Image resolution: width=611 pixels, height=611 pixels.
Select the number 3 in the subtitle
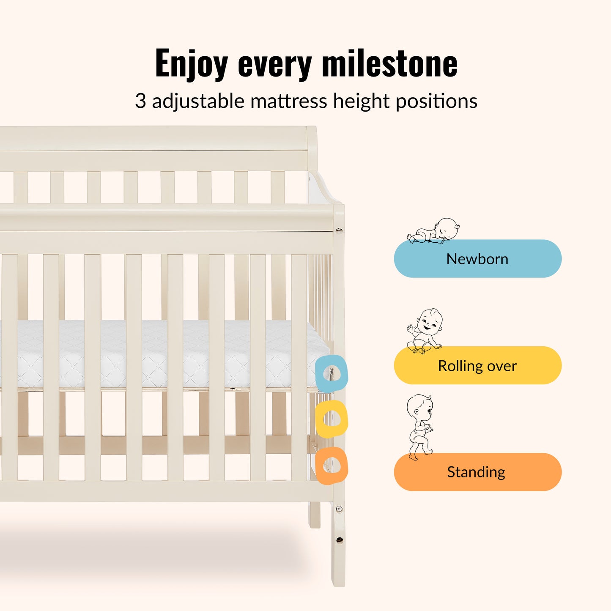[x=140, y=101]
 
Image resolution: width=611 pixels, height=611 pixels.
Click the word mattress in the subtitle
[x=288, y=101]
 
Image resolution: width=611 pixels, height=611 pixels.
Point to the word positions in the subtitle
[x=437, y=101]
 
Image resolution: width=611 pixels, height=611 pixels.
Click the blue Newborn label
[x=477, y=258]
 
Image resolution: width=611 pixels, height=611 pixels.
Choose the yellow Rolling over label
[x=477, y=365]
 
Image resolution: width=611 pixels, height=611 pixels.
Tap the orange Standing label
[x=477, y=472]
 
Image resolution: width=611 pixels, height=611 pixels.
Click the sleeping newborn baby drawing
[x=433, y=230]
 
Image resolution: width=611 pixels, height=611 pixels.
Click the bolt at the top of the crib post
[x=339, y=230]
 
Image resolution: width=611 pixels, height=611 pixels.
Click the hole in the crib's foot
[x=340, y=540]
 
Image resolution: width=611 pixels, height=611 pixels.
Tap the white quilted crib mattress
[x=165, y=353]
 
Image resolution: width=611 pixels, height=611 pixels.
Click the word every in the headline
[x=275, y=65]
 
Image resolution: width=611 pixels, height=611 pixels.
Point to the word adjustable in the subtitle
[x=198, y=101]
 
